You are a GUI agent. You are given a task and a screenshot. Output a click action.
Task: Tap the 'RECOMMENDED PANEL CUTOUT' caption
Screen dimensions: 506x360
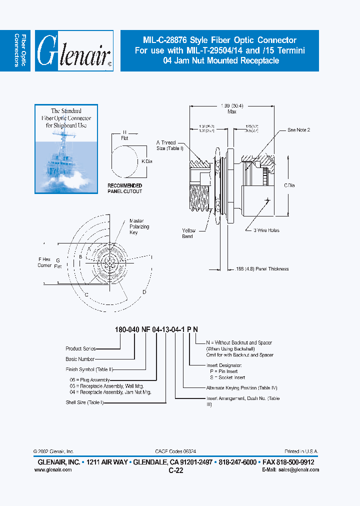[x=125, y=188]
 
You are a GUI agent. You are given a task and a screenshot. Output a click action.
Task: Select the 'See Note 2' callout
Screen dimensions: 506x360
[x=298, y=130]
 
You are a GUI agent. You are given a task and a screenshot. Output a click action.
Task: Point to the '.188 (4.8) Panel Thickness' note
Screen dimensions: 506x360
[x=262, y=269]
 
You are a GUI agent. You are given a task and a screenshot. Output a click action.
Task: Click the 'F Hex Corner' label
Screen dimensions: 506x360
[x=45, y=262]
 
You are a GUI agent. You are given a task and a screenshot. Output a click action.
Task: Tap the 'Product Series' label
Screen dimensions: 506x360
[x=80, y=348]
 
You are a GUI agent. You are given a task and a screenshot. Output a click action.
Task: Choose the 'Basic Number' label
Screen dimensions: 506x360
[x=79, y=359]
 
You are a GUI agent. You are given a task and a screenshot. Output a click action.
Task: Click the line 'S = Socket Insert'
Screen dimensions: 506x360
[x=228, y=377]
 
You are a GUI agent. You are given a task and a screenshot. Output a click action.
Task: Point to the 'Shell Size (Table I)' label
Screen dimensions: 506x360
[x=84, y=402]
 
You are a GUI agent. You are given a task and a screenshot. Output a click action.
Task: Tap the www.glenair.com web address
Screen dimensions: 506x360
[x=55, y=470]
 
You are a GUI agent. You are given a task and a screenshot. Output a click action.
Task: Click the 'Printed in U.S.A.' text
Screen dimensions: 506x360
[x=300, y=451]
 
